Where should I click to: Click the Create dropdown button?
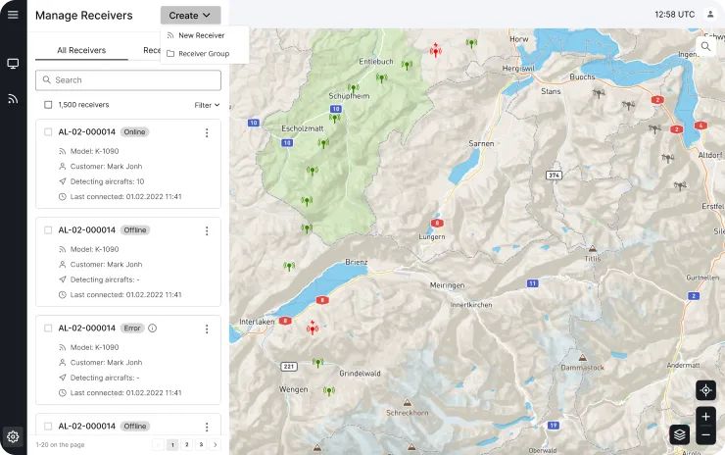[190, 16]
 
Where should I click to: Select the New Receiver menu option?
[201, 35]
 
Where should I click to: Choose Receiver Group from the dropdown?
[203, 53]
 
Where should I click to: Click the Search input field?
[127, 79]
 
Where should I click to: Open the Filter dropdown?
[207, 105]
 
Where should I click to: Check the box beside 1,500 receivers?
[48, 105]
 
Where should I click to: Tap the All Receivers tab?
[80, 50]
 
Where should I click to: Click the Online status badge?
[134, 132]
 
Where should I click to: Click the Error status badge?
[132, 329]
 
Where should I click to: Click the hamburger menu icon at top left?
[13, 15]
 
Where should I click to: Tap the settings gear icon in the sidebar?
[13, 436]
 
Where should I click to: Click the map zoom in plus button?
[705, 417]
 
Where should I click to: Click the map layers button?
[680, 433]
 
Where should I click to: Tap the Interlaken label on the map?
[256, 322]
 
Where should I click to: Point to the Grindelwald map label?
[361, 374]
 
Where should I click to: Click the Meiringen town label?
[447, 284]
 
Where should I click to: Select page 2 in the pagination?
[186, 444]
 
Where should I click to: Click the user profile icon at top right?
[710, 14]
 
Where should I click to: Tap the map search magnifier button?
[705, 46]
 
